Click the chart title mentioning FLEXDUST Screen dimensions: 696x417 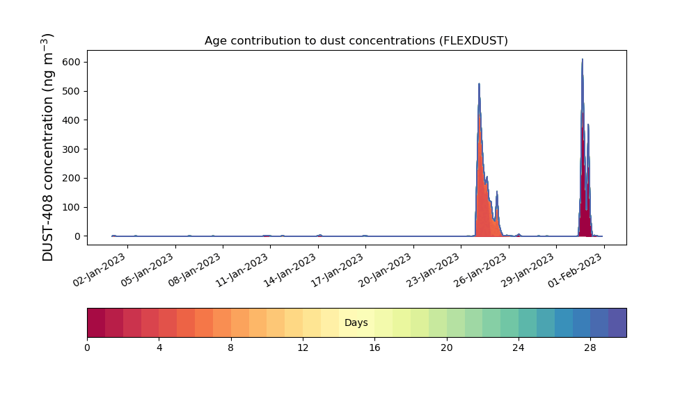356,41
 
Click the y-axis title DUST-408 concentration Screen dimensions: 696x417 47,147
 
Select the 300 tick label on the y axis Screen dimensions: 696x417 72,149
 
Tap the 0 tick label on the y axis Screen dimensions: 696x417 78,236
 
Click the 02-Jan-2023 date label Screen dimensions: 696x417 100,270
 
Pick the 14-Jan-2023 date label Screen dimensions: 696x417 290,270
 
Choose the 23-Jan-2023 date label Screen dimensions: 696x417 433,270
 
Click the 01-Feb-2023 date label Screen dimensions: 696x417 576,270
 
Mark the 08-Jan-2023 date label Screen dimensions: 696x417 195,270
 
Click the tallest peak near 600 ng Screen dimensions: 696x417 583,59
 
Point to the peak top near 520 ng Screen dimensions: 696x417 479,84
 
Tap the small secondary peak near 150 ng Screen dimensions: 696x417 497,193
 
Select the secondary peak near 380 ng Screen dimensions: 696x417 588,125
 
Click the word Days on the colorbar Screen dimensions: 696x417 356,322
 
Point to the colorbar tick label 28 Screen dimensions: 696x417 590,348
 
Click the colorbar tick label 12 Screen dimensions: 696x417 303,348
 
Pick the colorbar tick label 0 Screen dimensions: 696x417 87,348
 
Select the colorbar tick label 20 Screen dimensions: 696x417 447,348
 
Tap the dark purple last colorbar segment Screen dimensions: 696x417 617,322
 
